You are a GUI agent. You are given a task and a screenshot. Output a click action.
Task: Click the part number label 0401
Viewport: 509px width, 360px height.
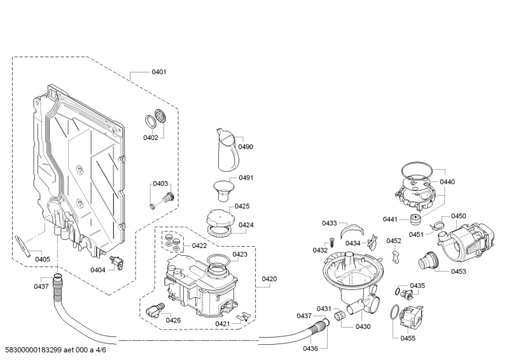coord(158,72)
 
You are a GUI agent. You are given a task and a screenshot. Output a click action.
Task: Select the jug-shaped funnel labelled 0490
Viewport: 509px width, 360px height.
coord(228,149)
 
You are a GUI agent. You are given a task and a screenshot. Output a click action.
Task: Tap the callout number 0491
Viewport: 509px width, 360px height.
coord(246,177)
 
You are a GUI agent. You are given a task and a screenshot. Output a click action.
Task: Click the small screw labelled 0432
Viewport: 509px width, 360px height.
coord(332,242)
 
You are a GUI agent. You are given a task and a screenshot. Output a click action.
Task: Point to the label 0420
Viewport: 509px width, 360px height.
coord(269,279)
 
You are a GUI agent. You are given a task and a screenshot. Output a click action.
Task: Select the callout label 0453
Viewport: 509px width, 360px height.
coord(458,271)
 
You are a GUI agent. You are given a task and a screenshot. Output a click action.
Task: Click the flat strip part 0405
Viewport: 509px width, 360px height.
coord(22,246)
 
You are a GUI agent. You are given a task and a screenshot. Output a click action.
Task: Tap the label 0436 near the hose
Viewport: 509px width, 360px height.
coord(310,349)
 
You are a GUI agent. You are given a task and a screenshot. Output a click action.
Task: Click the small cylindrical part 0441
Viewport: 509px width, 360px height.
coord(415,219)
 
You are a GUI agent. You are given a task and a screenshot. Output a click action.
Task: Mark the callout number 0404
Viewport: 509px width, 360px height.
coord(98,270)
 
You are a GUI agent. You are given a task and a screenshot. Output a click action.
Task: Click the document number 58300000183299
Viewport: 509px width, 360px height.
coord(34,350)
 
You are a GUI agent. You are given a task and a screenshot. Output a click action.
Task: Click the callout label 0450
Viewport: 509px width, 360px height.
coord(458,216)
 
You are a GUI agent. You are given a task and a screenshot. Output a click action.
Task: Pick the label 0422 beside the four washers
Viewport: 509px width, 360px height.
coord(199,246)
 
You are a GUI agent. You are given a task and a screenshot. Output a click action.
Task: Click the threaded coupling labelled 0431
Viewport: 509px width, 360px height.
coord(339,315)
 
